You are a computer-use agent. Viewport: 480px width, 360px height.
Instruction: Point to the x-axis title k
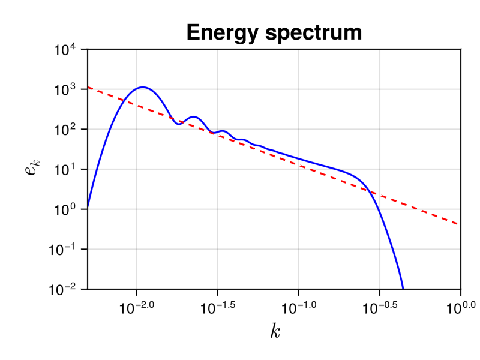pyautogui.click(x=275, y=331)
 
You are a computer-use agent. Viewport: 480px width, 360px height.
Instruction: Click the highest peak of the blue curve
pyautogui.click(x=143, y=87)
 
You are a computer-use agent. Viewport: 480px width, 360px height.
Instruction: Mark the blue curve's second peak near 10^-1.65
pyautogui.click(x=193, y=117)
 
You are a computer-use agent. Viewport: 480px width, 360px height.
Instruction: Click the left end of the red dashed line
pyautogui.click(x=88, y=88)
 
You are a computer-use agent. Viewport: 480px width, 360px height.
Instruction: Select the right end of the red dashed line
pyautogui.click(x=460, y=224)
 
